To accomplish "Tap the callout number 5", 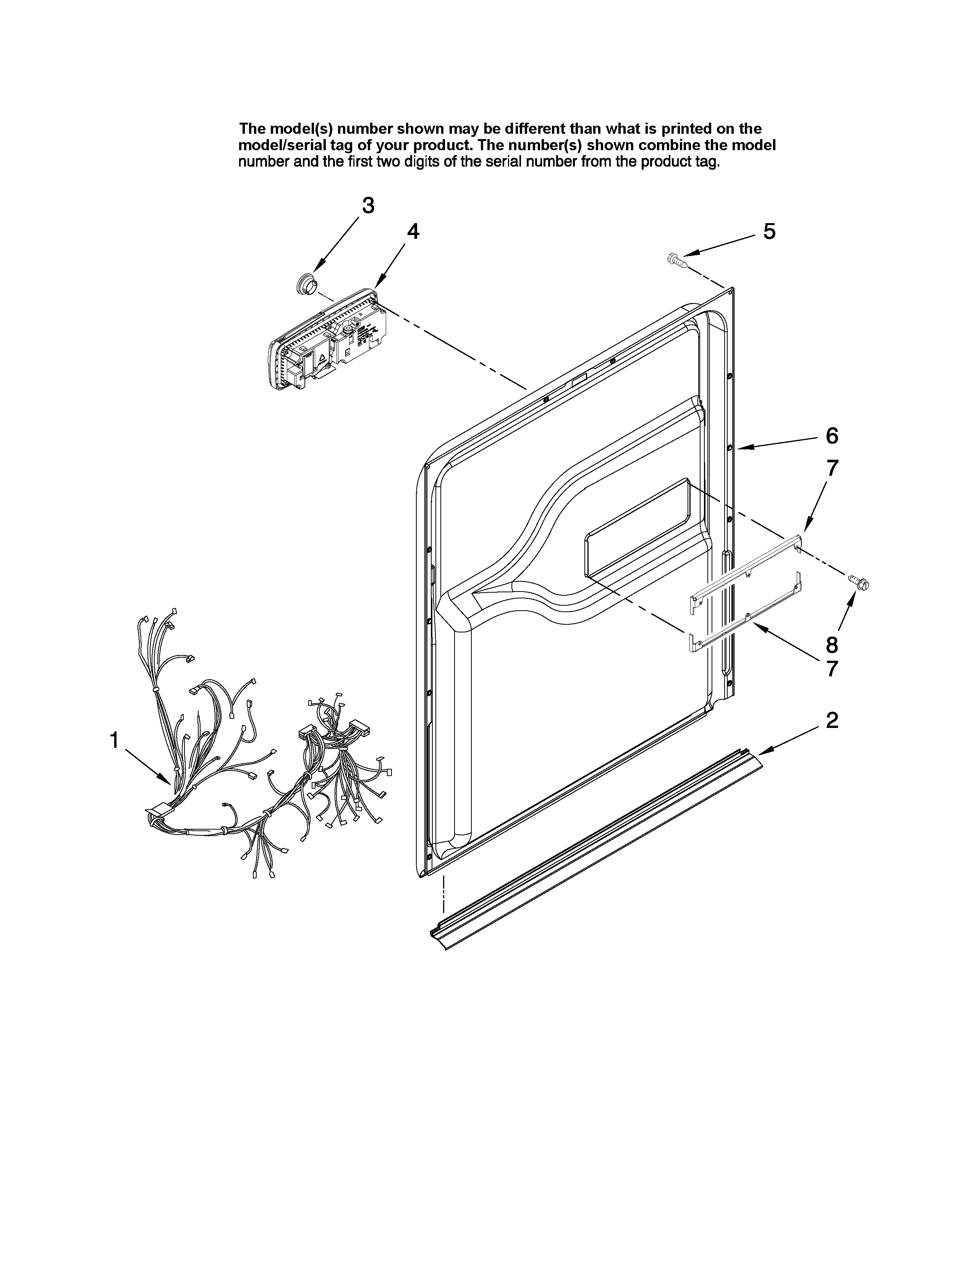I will (x=769, y=232).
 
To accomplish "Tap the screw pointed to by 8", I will (x=859, y=583).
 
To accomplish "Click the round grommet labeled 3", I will (x=304, y=284).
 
